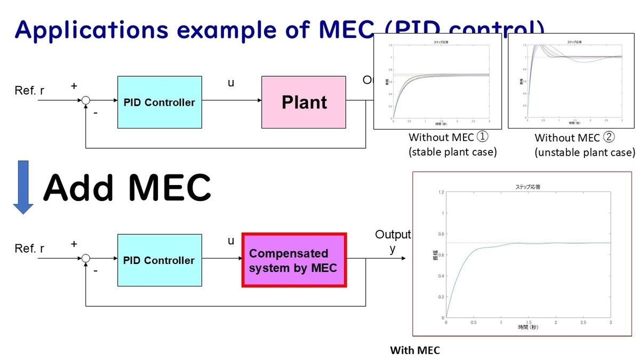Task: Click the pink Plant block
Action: pyautogui.click(x=304, y=102)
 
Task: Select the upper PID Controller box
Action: pyautogui.click(x=159, y=102)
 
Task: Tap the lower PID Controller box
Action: pyautogui.click(x=159, y=260)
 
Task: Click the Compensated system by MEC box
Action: pyautogui.click(x=294, y=260)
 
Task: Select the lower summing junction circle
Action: pyautogui.click(x=85, y=259)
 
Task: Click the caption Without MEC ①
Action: pyautogui.click(x=449, y=137)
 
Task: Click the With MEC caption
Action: pyautogui.click(x=415, y=350)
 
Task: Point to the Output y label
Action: pyautogui.click(x=393, y=241)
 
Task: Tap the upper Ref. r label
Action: pyautogui.click(x=29, y=91)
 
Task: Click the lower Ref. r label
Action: pyautogui.click(x=29, y=249)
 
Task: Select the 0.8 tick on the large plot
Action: pyautogui.click(x=439, y=234)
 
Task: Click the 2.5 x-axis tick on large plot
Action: pyautogui.click(x=583, y=323)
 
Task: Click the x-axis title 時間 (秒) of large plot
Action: pyautogui.click(x=528, y=327)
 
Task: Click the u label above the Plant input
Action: pyautogui.click(x=231, y=83)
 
